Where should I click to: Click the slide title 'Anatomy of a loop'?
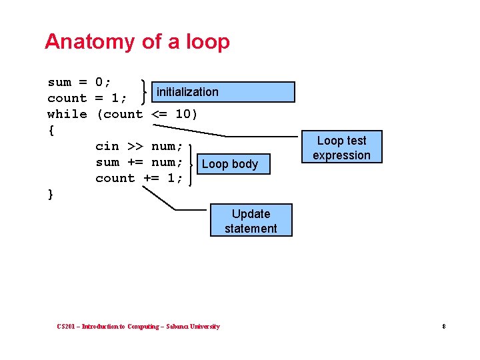click(x=137, y=41)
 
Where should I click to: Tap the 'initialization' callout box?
click(x=224, y=92)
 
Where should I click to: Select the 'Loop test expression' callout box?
click(x=341, y=147)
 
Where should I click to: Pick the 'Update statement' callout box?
click(x=251, y=221)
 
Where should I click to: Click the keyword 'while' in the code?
click(x=67, y=114)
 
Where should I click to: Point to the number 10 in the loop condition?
click(x=183, y=114)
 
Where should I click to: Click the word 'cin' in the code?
click(x=107, y=146)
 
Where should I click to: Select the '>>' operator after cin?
click(x=135, y=146)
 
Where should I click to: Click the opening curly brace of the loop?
click(x=51, y=130)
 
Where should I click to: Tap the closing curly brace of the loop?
click(x=51, y=194)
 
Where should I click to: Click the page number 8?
click(x=443, y=327)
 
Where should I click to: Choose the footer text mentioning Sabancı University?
click(x=138, y=327)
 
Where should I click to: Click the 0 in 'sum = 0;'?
click(x=99, y=82)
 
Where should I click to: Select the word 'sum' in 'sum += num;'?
click(x=107, y=162)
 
